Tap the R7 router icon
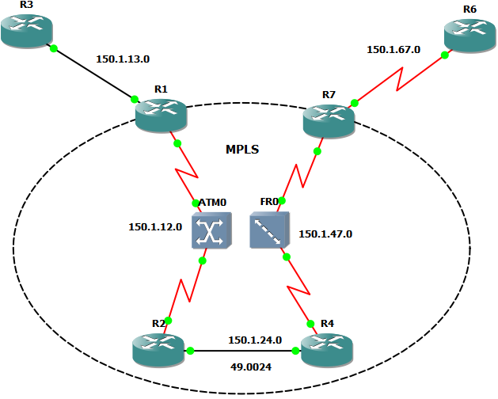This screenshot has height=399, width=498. click(329, 121)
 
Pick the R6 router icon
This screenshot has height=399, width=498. click(468, 34)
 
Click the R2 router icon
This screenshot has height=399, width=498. click(158, 349)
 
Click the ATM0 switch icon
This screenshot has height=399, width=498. click(210, 231)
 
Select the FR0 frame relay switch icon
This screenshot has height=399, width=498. click(269, 231)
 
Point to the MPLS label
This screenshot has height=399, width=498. click(242, 149)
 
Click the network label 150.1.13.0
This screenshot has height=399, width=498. click(123, 59)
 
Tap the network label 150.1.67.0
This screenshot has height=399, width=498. click(393, 49)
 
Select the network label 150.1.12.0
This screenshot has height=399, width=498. click(155, 226)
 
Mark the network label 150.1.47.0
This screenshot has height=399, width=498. click(325, 234)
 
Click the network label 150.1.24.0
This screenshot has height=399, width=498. click(255, 340)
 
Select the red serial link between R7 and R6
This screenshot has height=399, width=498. click(401, 78)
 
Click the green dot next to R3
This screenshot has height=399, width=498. click(54, 49)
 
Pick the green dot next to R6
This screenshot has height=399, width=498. click(447, 55)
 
